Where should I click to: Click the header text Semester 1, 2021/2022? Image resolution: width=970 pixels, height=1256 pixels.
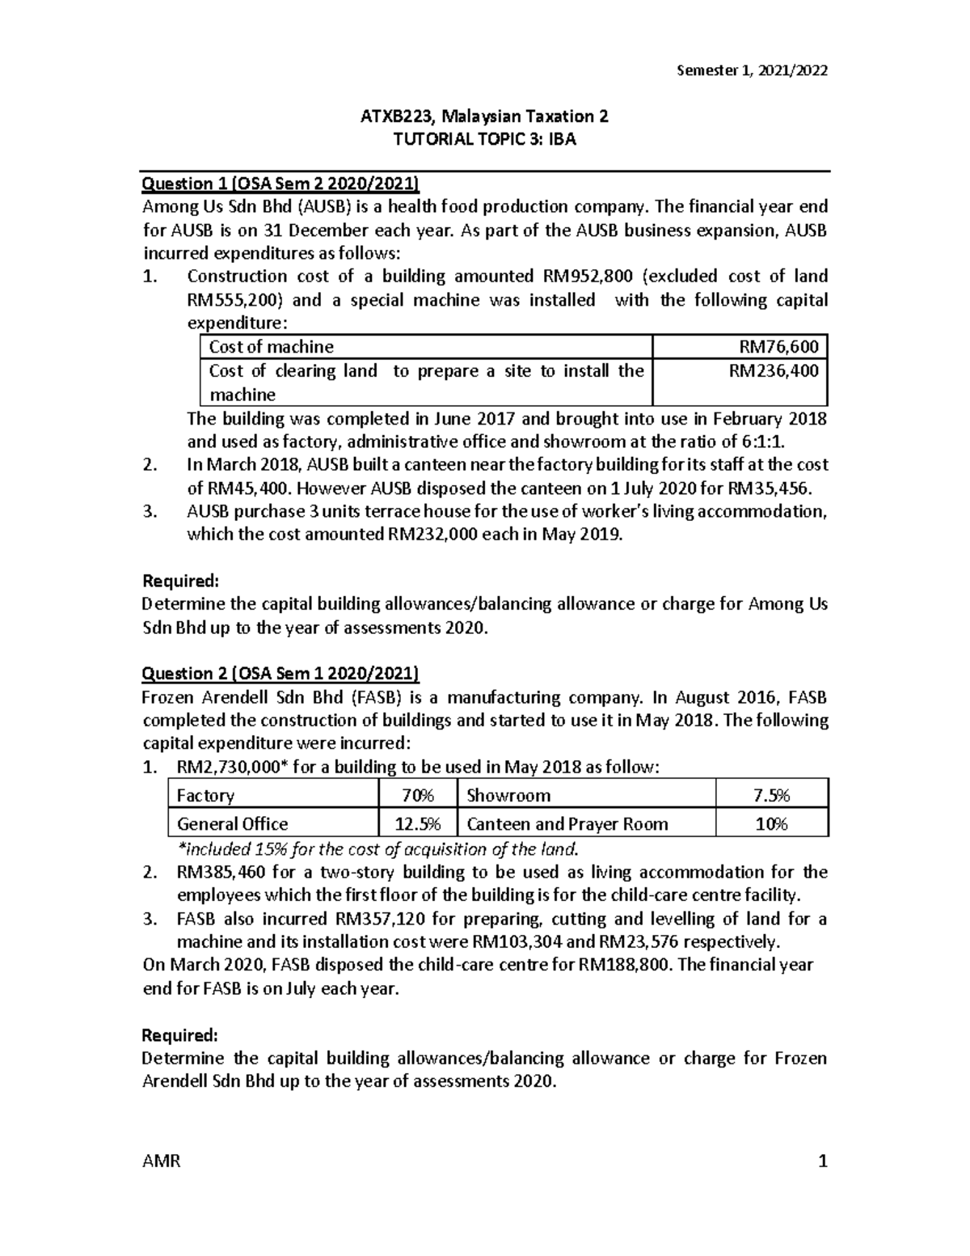tap(752, 70)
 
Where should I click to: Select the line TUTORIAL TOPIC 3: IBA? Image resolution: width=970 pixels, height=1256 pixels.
tap(484, 139)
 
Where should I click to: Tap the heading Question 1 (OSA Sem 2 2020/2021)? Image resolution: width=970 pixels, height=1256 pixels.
tap(280, 183)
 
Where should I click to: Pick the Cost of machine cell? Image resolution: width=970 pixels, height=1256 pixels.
tap(271, 347)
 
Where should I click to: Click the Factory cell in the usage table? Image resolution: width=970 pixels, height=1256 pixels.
tap(205, 795)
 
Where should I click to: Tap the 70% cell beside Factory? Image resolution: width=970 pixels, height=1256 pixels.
tap(417, 795)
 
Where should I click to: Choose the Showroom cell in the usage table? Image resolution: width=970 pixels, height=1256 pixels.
tap(508, 795)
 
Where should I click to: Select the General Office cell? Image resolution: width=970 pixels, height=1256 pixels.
tap(232, 823)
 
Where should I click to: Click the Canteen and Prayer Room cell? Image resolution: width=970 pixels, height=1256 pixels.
tap(567, 823)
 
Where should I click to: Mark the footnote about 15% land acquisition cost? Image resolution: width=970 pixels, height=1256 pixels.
tap(377, 848)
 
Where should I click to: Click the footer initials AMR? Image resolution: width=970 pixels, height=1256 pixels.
tap(161, 1162)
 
